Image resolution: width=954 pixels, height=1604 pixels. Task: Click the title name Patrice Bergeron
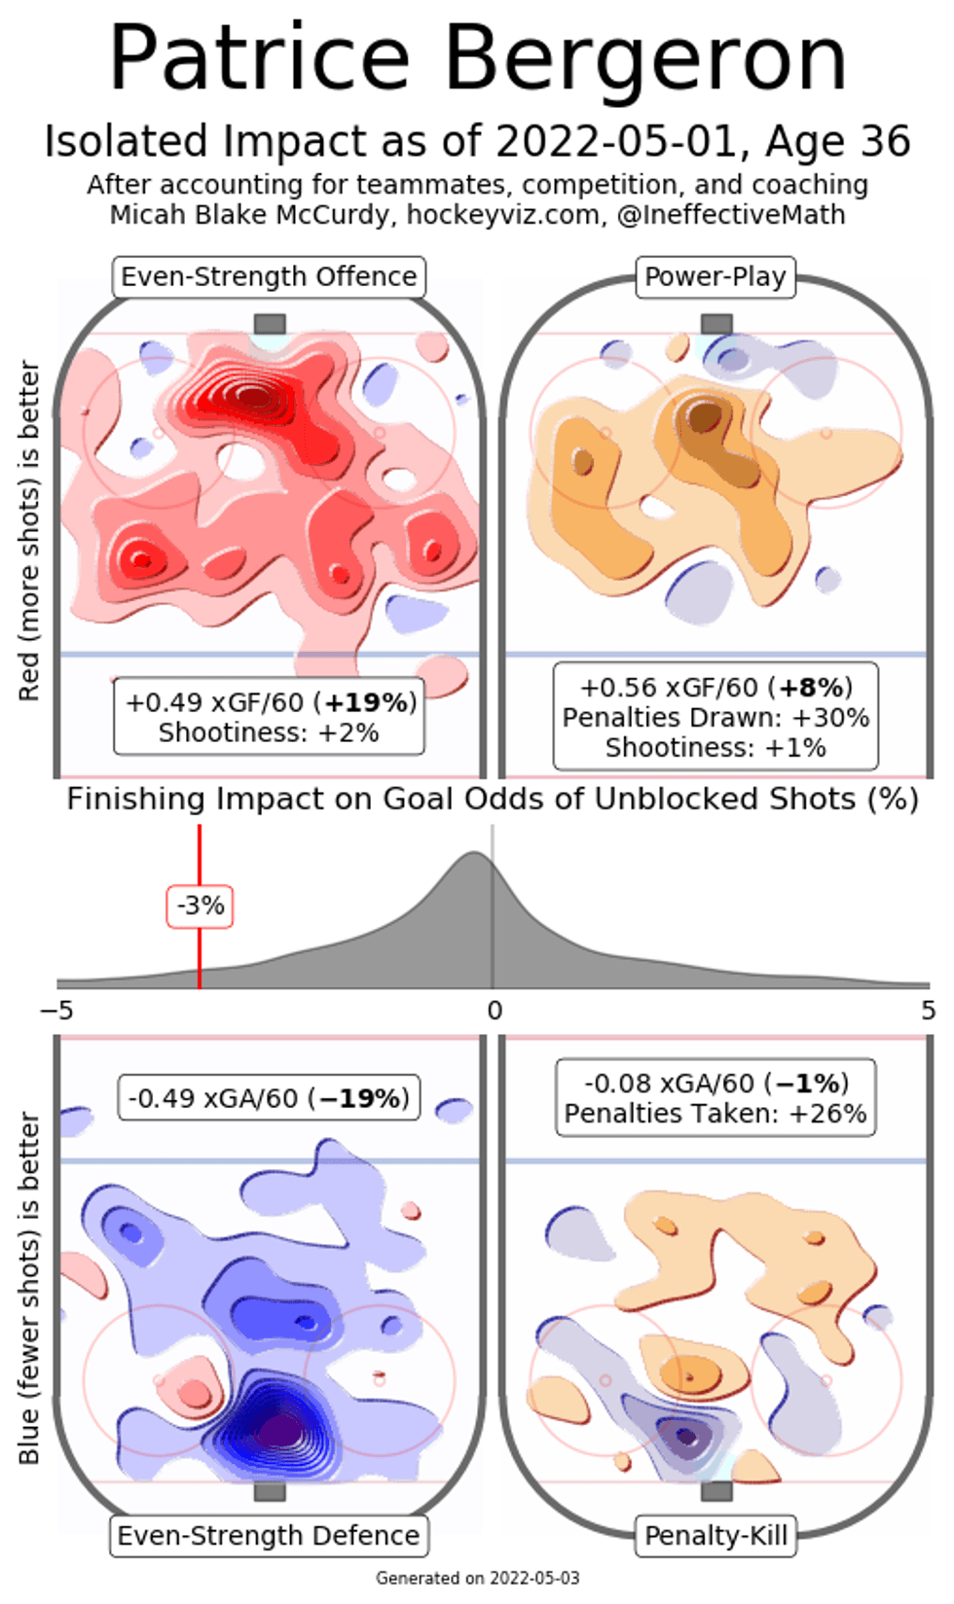pos(477,58)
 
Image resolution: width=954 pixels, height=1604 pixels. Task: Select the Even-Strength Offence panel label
pos(269,276)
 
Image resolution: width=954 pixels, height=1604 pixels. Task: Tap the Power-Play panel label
pos(715,276)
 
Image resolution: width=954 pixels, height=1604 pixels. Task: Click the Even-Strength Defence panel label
pos(269,1535)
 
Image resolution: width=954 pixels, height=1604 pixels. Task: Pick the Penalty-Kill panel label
pos(715,1535)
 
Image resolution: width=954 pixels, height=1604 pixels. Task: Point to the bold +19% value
pos(369,702)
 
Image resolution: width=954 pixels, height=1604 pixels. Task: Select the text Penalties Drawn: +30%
pos(715,718)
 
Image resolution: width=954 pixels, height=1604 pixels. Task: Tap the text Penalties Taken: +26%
pos(715,1113)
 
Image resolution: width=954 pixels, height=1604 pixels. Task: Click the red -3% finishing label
pos(200,906)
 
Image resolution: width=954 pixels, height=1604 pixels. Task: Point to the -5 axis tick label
pos(56,1011)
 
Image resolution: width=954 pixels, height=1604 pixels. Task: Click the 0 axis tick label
pos(495,1011)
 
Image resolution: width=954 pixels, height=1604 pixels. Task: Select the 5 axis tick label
pos(928,1011)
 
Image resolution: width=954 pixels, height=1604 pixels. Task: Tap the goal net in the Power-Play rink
pos(716,324)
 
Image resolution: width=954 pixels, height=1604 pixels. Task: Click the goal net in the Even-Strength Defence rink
pos(270,1491)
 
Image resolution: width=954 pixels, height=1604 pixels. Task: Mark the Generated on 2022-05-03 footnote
pos(477,1578)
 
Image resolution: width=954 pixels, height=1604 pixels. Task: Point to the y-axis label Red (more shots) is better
pos(29,530)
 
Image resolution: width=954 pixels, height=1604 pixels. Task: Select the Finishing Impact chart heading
pos(493,799)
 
